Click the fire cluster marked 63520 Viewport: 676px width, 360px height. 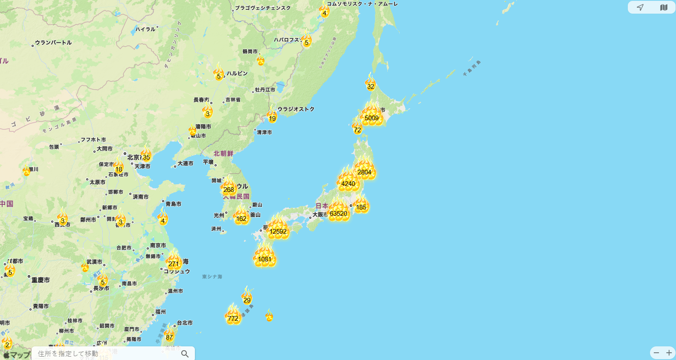tap(338, 212)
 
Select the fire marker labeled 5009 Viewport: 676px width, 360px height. tap(371, 116)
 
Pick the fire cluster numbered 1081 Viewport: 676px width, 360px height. tap(264, 258)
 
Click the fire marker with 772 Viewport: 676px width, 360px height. tap(233, 317)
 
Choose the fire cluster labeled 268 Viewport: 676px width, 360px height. tap(229, 189)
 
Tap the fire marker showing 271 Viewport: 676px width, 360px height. tap(174, 262)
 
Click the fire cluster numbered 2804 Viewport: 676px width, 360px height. tap(364, 171)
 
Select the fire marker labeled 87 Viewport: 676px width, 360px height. tap(169, 336)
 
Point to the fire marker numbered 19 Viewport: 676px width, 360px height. tap(272, 117)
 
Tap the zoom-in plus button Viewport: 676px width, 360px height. tap(669, 353)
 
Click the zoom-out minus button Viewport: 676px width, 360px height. tap(656, 353)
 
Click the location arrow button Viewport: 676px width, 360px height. tap(640, 7)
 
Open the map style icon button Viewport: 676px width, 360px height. tap(664, 7)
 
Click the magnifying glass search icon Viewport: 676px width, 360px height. tap(185, 354)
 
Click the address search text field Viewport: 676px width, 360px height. tap(107, 354)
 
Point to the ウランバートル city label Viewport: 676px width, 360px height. tap(53, 43)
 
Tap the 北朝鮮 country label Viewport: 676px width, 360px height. tap(223, 154)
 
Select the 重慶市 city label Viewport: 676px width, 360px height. tap(41, 280)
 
